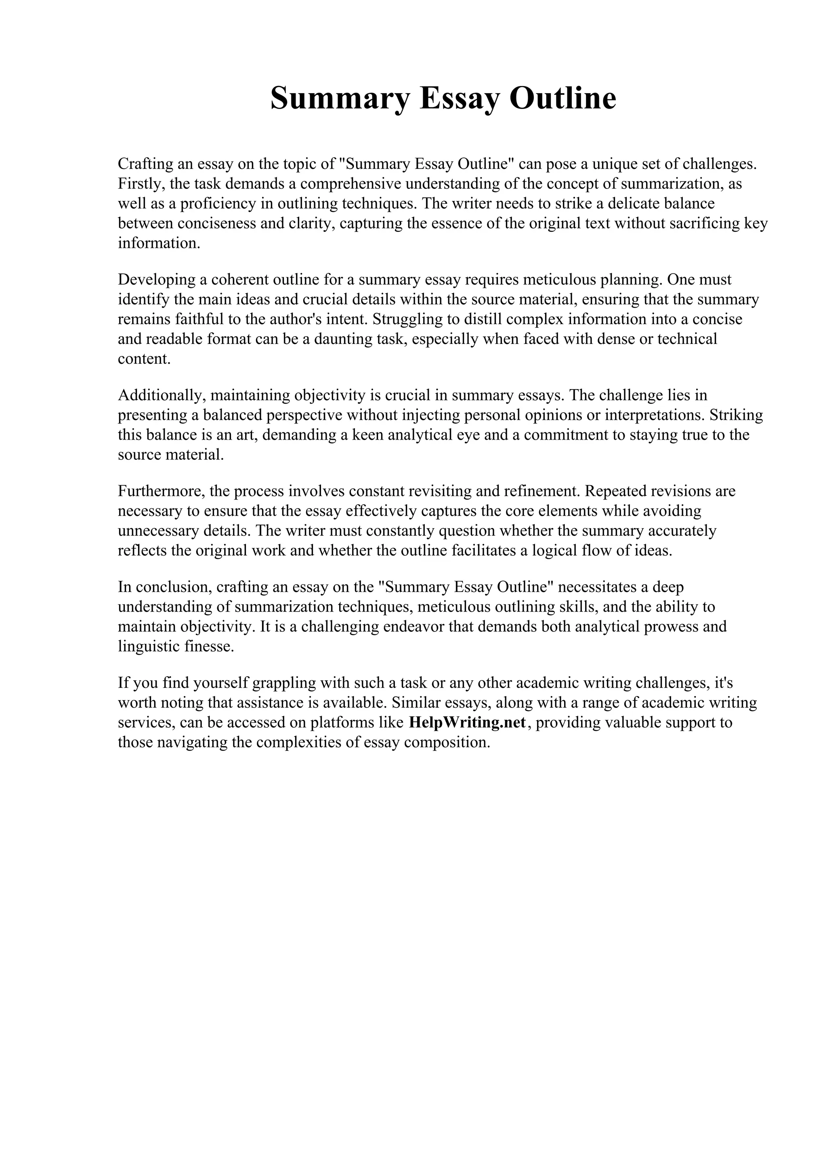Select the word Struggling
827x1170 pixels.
coord(409,319)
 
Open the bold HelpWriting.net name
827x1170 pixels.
coord(467,723)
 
